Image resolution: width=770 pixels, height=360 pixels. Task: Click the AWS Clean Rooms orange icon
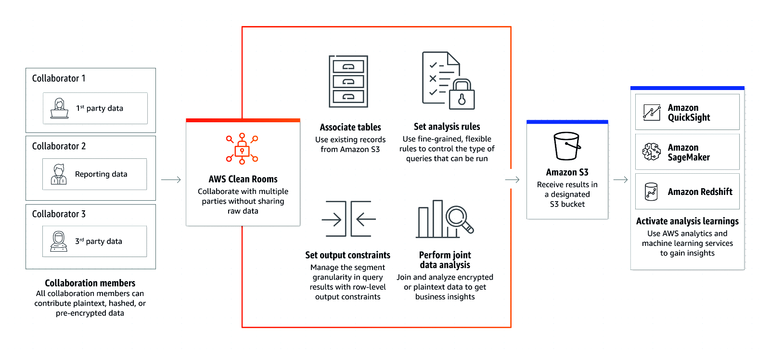click(242, 149)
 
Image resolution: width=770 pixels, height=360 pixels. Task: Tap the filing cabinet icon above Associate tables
click(348, 81)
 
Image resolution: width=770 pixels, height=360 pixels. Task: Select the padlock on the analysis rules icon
click(462, 95)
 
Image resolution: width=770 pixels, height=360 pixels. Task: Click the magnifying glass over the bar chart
click(459, 218)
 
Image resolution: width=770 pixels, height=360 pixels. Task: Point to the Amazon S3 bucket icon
click(567, 146)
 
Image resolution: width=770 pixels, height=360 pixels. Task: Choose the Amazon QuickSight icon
click(652, 113)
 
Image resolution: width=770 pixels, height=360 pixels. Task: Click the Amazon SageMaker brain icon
click(652, 152)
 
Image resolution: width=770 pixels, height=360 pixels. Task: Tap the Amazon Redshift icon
click(651, 192)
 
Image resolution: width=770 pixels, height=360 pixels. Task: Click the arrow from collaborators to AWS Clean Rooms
click(171, 180)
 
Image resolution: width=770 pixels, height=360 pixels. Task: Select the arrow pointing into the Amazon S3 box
click(512, 180)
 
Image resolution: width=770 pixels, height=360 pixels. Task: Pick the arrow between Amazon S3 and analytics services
click(620, 180)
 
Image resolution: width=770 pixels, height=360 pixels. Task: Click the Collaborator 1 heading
click(59, 78)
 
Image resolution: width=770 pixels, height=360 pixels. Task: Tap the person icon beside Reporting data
click(59, 174)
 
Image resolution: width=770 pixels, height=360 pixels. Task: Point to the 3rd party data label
click(99, 241)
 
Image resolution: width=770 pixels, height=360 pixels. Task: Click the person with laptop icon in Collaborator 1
click(59, 108)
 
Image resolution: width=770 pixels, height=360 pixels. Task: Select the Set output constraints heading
click(347, 255)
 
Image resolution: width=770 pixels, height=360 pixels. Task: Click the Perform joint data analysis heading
click(445, 260)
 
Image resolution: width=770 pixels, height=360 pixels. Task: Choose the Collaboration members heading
click(90, 283)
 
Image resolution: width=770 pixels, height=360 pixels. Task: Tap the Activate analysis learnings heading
click(687, 221)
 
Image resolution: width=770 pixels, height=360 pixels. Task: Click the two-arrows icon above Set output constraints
click(348, 219)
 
